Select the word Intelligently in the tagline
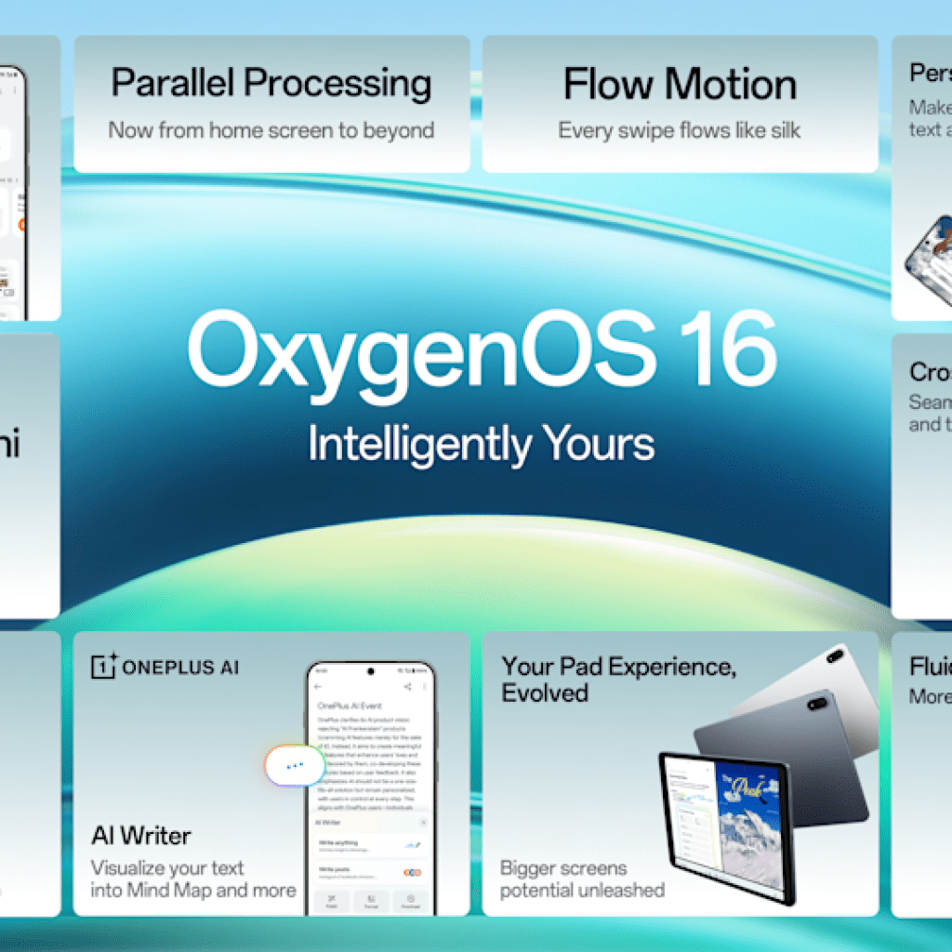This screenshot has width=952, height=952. coord(416,443)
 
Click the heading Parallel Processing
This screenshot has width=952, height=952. coord(271,84)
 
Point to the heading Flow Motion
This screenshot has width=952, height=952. coord(680,85)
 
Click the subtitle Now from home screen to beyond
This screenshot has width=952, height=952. coord(271,130)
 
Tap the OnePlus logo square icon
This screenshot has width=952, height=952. coord(103,666)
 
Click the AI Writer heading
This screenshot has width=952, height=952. coord(140,835)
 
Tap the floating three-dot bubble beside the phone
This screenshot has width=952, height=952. coord(294,765)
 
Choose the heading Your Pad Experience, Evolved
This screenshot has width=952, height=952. coord(618,680)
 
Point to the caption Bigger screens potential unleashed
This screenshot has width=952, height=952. coord(582,879)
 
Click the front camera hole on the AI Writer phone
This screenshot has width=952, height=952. coord(371,668)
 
